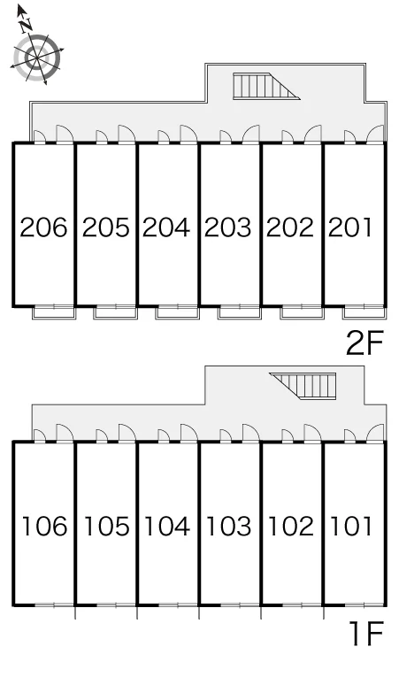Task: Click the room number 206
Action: (x=43, y=227)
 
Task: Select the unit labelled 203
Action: (x=228, y=227)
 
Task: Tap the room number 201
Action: (x=350, y=227)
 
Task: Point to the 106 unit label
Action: (x=44, y=526)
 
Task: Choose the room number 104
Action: (x=167, y=526)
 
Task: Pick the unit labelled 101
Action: (x=351, y=526)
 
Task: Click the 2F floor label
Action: (x=364, y=342)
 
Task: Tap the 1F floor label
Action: (x=367, y=634)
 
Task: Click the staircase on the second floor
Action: (x=266, y=86)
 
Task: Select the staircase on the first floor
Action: (x=303, y=386)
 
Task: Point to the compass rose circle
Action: (x=36, y=58)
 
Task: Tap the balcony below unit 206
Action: (x=55, y=312)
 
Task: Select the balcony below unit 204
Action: (x=178, y=312)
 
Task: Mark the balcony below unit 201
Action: (x=364, y=312)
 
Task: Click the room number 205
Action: (x=105, y=227)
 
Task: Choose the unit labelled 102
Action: (x=291, y=526)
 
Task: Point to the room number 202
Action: (x=290, y=227)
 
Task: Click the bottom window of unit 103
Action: (x=239, y=605)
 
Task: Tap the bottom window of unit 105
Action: (x=116, y=605)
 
